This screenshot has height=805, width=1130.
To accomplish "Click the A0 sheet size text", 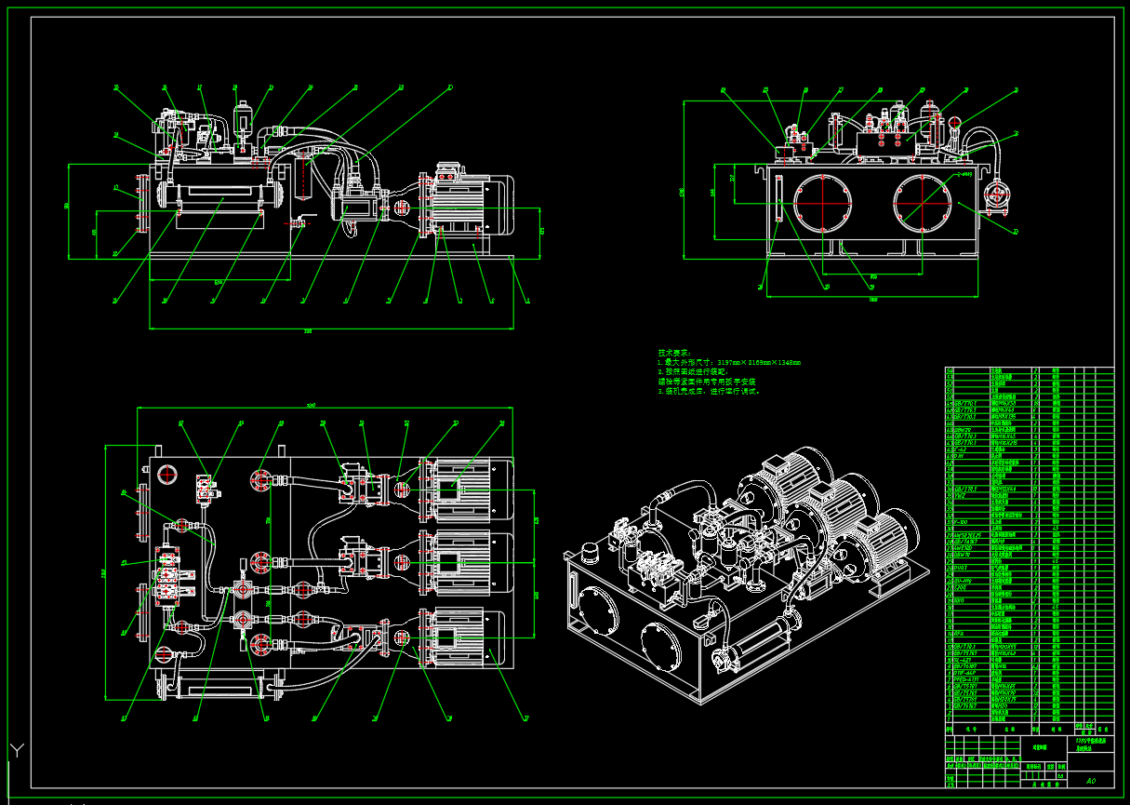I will click(x=1091, y=781).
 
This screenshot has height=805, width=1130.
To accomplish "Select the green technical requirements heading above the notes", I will click(x=674, y=353).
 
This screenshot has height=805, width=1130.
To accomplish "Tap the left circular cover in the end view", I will click(x=823, y=202).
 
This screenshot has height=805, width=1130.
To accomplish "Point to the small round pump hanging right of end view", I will click(x=996, y=195).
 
